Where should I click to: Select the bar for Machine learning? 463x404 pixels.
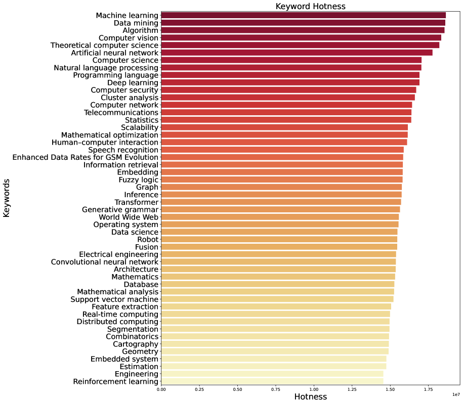click(x=303, y=16)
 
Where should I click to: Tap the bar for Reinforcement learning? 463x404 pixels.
click(x=272, y=381)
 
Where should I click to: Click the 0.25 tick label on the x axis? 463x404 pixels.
click(x=199, y=390)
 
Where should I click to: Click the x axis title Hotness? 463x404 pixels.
click(x=310, y=397)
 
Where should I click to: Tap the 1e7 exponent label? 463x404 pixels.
click(x=455, y=394)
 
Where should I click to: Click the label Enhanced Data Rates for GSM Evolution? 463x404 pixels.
click(x=86, y=157)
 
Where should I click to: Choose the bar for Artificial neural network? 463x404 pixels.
click(x=297, y=53)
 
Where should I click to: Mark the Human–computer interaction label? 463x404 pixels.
click(x=105, y=143)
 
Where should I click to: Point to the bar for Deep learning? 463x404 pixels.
click(x=290, y=82)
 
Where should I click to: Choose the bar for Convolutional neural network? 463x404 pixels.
click(x=278, y=262)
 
